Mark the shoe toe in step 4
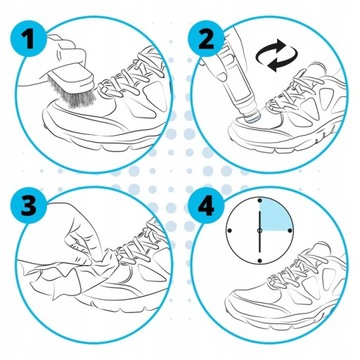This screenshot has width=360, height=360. tap(231, 305)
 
